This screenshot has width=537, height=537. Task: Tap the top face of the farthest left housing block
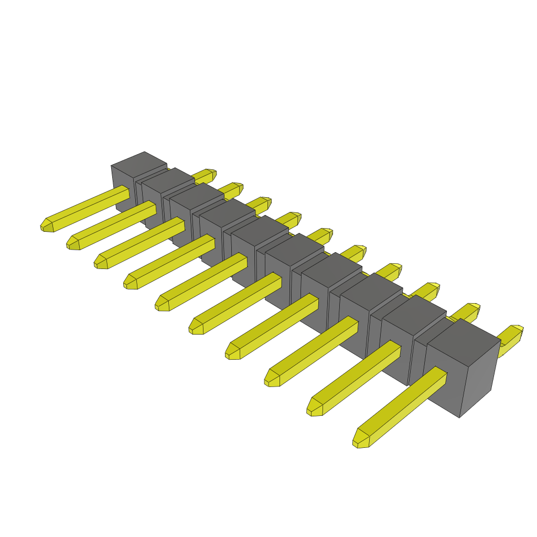coord(138,163)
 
